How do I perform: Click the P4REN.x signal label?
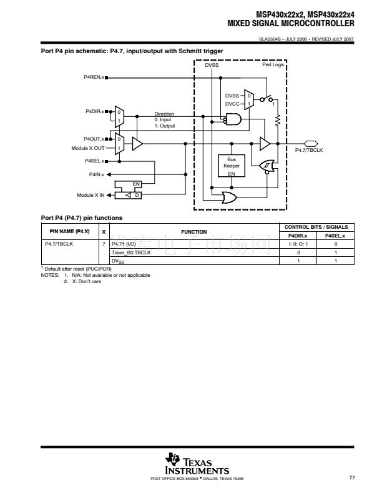(94, 78)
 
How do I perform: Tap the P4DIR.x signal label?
(94, 111)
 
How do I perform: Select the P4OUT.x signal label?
(94, 139)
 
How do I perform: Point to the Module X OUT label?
(89, 149)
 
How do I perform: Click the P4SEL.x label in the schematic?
(94, 161)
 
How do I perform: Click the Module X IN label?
(91, 196)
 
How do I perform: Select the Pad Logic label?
(273, 65)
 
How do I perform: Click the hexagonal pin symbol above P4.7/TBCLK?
(311, 143)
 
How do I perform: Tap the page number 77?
(352, 478)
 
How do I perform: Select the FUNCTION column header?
(193, 232)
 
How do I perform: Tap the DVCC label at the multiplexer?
(232, 104)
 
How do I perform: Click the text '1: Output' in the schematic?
(165, 126)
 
